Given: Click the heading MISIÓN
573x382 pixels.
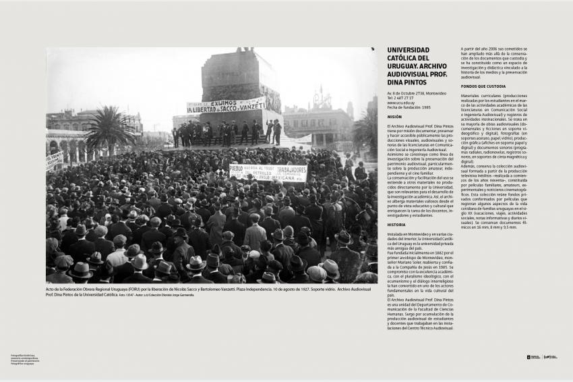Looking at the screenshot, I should click(394, 117).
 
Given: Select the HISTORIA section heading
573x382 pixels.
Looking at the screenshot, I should click(396, 224).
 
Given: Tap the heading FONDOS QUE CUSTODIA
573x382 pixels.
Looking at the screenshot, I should click(483, 86).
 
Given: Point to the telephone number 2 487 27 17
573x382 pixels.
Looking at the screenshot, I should click(406, 98).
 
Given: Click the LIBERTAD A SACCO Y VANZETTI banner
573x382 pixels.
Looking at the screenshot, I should click(225, 106).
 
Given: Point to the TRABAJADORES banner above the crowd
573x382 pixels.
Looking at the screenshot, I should click(268, 173).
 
